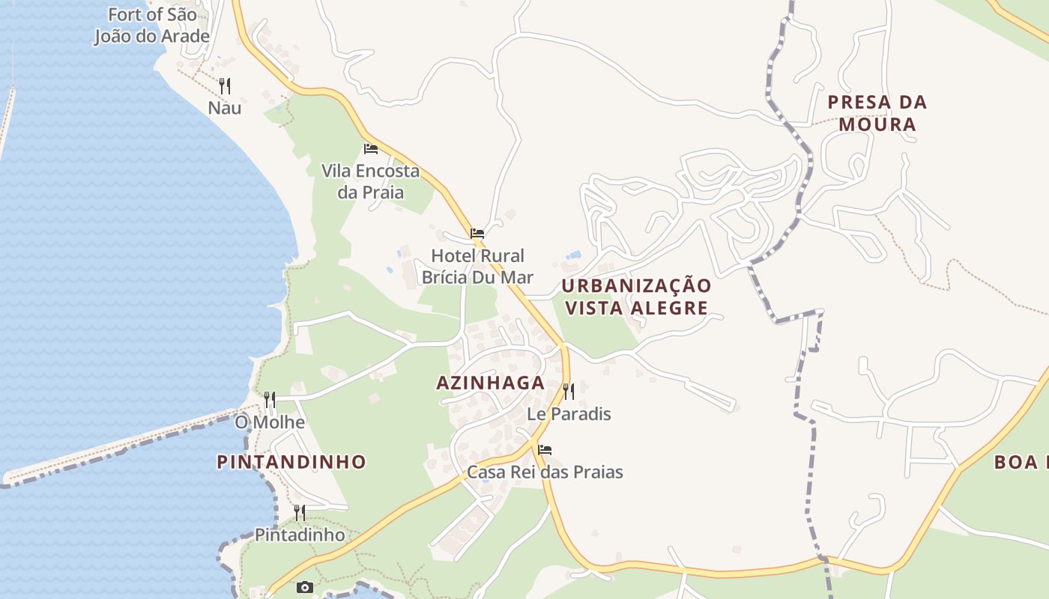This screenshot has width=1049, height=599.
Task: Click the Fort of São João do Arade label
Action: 152,25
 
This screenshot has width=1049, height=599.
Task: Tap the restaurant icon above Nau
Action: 225,85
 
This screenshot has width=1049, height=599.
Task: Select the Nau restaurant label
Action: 225,108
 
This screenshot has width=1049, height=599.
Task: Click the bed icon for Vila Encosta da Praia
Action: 370,148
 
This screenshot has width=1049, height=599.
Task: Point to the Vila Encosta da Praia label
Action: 370,181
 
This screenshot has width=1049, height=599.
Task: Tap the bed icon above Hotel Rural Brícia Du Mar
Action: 477,234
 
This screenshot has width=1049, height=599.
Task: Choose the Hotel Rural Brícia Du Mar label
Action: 477,267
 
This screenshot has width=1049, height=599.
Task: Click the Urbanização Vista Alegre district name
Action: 636,297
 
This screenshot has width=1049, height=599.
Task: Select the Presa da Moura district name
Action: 877,113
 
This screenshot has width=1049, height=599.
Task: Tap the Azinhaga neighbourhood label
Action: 490,383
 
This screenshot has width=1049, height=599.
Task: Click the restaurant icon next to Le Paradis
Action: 569,391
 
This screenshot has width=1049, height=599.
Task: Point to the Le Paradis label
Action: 569,414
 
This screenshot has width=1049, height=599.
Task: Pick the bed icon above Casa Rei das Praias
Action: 545,449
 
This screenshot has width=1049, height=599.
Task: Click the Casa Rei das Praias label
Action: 545,472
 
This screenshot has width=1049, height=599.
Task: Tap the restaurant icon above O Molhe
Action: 270,399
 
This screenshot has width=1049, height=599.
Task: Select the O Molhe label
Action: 270,422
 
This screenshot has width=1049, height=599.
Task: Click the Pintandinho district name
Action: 291,462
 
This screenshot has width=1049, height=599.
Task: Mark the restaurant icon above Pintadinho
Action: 300,512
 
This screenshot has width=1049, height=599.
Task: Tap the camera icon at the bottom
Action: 304,587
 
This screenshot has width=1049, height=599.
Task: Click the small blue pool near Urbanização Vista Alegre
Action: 574,255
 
